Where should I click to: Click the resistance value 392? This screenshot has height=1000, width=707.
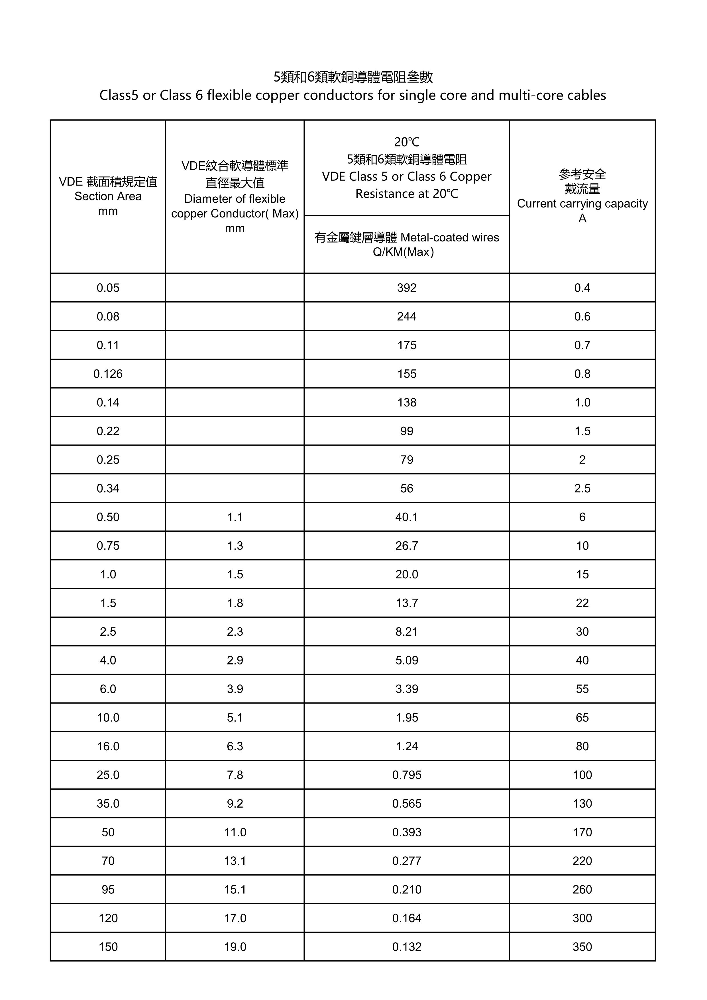[407, 288]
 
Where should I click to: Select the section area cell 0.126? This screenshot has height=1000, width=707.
[108, 374]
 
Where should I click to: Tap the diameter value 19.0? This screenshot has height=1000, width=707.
[235, 947]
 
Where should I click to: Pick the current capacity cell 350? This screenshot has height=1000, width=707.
[582, 947]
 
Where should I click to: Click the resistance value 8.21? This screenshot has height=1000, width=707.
[407, 631]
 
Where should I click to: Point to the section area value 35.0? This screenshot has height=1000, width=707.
[108, 804]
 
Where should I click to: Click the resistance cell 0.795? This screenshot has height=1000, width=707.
[407, 775]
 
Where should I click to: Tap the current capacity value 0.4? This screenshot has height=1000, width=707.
[582, 288]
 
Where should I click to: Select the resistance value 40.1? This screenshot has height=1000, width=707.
[407, 517]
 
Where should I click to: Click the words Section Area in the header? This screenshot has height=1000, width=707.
[108, 196]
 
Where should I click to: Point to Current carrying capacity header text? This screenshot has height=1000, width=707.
[582, 204]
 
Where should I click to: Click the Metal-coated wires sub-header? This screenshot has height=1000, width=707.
[450, 237]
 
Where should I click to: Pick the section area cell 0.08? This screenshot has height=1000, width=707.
[108, 317]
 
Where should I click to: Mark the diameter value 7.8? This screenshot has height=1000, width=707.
[235, 775]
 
